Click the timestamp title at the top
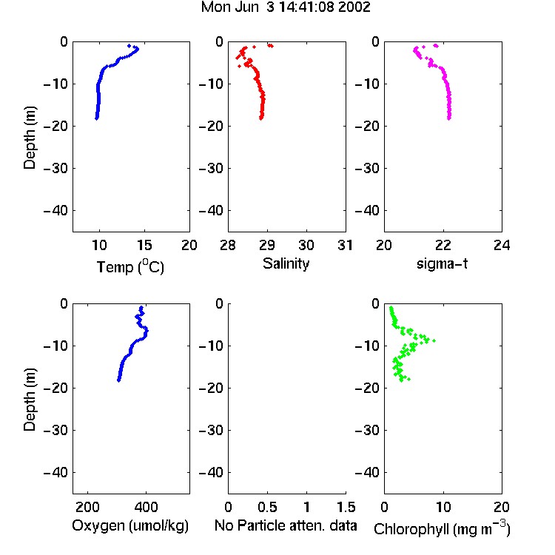coord(286,7)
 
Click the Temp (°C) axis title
coord(130,266)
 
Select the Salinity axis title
coord(286,264)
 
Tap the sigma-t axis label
coord(442,263)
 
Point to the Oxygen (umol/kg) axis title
coord(130,526)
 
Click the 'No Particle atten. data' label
coord(286,525)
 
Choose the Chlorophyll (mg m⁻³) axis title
coord(442,528)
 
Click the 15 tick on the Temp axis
coord(144,245)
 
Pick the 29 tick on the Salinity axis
coord(267,245)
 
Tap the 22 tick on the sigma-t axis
coord(443,245)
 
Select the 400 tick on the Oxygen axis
coord(147,507)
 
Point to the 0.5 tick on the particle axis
coord(267,507)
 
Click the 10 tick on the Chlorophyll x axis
coord(443,507)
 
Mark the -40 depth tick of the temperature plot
coord(55,211)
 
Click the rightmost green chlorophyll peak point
coord(434,340)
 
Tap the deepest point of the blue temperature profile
coord(96,118)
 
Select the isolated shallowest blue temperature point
coord(129,46)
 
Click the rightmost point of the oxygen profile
coord(147,331)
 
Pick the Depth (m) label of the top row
coord(30,138)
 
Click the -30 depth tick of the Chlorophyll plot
coord(367,431)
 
